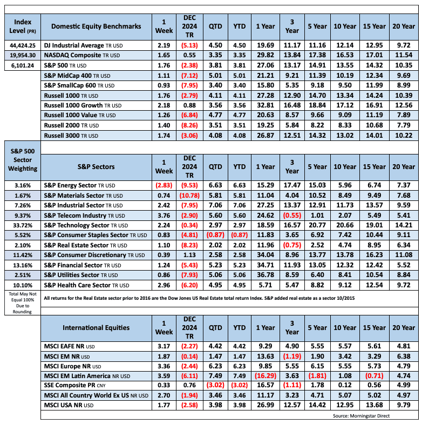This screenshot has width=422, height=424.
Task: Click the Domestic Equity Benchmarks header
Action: pyautogui.click(x=96, y=26)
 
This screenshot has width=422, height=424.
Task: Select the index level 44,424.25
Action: pyautogui.click(x=22, y=46)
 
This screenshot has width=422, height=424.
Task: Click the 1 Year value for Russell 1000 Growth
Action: pyautogui.click(x=266, y=104)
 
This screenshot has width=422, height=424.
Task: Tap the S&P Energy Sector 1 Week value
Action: pyautogui.click(x=164, y=185)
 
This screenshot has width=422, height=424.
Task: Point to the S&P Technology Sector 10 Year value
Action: pyautogui.click(x=345, y=224)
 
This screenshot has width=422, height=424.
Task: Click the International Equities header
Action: pyautogui.click(x=96, y=327)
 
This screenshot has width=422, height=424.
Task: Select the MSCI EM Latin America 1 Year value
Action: pyautogui.click(x=266, y=375)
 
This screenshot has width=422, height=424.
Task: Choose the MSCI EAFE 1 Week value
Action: pyautogui.click(x=164, y=346)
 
